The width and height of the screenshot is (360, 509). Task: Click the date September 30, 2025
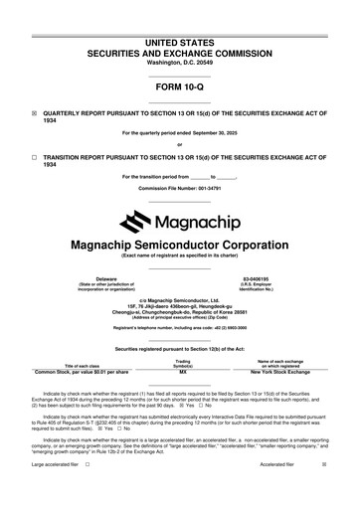pyautogui.click(x=227, y=133)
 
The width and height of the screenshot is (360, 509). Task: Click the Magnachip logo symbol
pyautogui.click(x=132, y=220)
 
